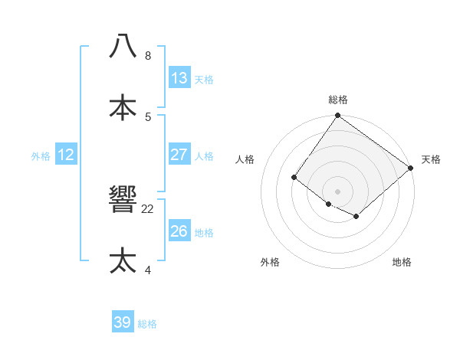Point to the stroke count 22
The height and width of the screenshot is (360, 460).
(x=148, y=208)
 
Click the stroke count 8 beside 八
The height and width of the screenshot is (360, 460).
(x=148, y=56)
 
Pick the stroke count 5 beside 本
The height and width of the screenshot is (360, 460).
(x=148, y=117)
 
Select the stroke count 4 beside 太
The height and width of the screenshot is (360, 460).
(x=148, y=270)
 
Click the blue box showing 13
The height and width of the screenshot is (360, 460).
(x=179, y=77)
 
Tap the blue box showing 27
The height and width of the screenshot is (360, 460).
(x=179, y=155)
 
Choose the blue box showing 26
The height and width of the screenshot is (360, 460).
(x=179, y=231)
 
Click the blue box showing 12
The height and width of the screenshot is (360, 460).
(x=66, y=155)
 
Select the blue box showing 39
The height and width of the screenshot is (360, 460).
(x=123, y=322)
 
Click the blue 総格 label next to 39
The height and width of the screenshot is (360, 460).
(x=147, y=324)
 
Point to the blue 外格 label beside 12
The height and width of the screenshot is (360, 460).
(x=41, y=156)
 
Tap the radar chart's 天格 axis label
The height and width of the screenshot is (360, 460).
(x=431, y=159)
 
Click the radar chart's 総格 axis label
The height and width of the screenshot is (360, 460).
(x=338, y=100)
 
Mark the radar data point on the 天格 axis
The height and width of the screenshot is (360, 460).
(x=411, y=169)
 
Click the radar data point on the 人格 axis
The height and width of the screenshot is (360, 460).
(x=294, y=178)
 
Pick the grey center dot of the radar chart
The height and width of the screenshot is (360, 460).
(x=338, y=191)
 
